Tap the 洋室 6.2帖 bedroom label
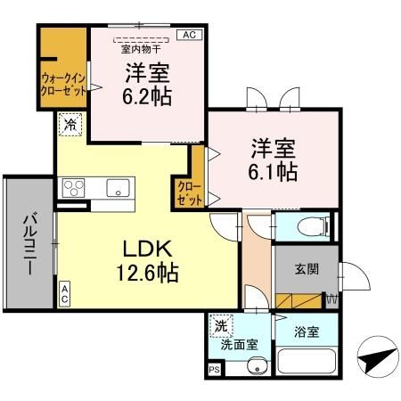tap(147, 82)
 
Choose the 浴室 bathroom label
tap(305, 332)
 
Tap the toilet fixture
tap(305, 227)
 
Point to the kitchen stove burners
tap(72, 188)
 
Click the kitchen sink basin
tap(117, 188)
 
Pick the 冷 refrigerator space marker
tap(69, 125)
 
